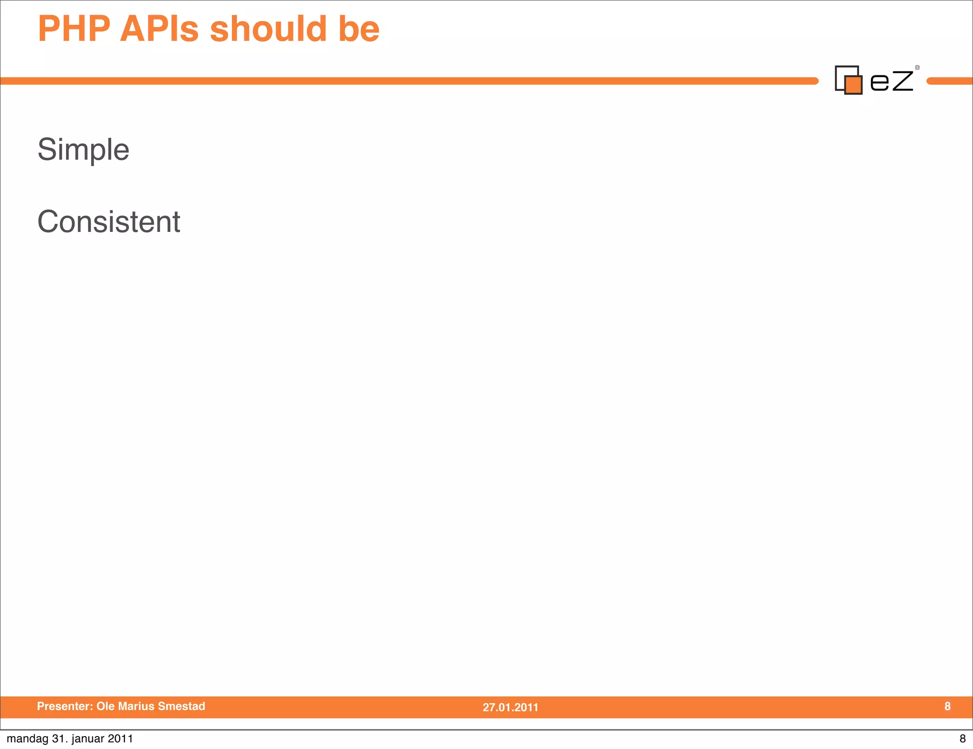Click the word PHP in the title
pyautogui.click(x=74, y=29)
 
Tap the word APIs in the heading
pyautogui.click(x=159, y=29)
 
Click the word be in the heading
pyautogui.click(x=359, y=29)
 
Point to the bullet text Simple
pyautogui.click(x=83, y=150)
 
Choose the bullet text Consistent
pyautogui.click(x=109, y=222)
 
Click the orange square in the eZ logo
pyautogui.click(x=853, y=85)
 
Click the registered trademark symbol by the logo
pyautogui.click(x=917, y=67)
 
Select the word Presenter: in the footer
pyautogui.click(x=65, y=706)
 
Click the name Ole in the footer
pyautogui.click(x=105, y=706)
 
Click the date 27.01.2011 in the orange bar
pyautogui.click(x=510, y=707)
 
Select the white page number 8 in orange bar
pyautogui.click(x=947, y=706)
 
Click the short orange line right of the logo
pyautogui.click(x=950, y=81)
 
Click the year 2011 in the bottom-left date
pyautogui.click(x=120, y=739)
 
